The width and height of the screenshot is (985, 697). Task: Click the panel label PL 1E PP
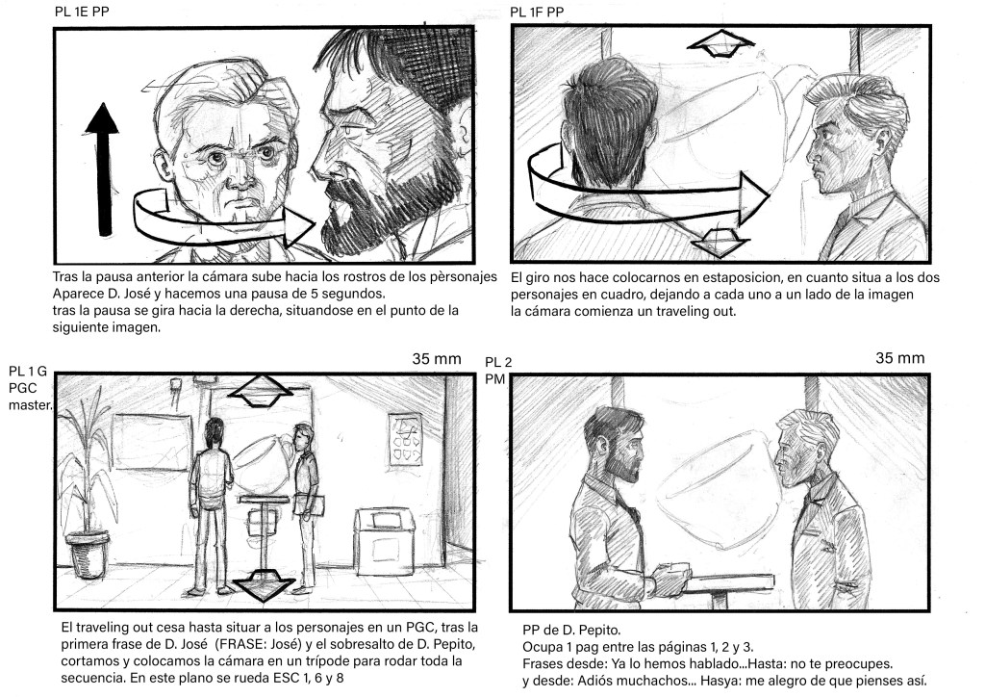point(82,12)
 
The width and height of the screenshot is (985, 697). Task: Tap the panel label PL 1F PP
point(537,12)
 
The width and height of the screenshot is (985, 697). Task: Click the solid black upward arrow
point(102,169)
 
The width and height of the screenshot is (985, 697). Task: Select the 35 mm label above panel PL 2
point(900,358)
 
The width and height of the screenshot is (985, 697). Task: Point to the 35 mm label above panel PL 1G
point(437,359)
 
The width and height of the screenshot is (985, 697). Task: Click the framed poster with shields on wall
point(405,439)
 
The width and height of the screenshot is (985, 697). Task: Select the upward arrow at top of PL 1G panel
point(261,391)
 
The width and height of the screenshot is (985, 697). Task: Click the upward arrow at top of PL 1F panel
point(721,43)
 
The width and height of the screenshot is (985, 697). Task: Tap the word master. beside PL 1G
point(31,404)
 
